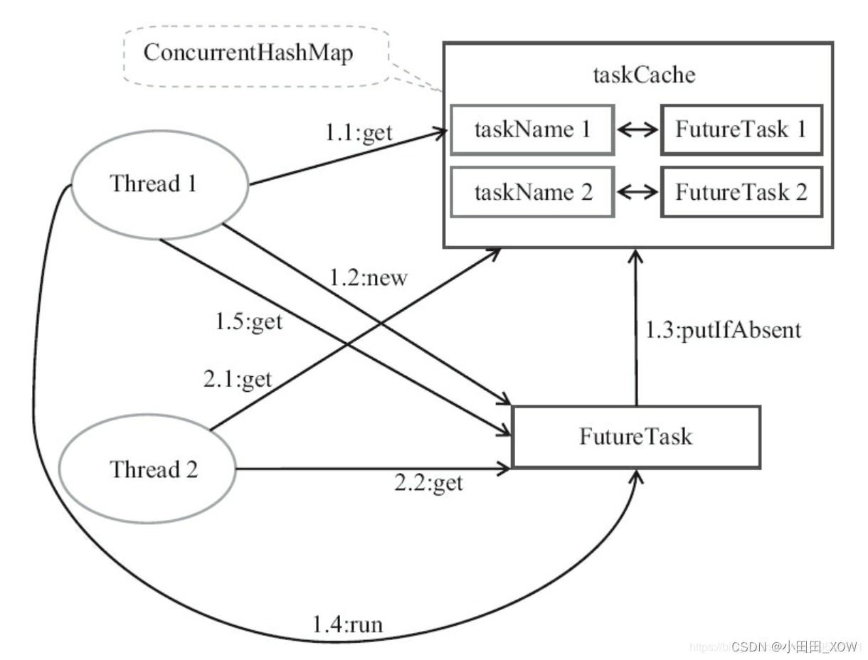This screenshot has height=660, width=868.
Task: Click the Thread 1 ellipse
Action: [x=154, y=184]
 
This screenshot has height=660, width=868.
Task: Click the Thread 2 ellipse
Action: [x=154, y=470]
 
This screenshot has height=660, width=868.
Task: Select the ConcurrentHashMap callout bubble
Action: [x=248, y=53]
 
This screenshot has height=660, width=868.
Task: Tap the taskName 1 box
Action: [x=532, y=130]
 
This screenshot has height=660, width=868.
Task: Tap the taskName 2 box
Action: [x=532, y=192]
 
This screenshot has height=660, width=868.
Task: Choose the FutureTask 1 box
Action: [x=741, y=130]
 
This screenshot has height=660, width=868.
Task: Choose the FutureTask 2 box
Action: [x=741, y=192]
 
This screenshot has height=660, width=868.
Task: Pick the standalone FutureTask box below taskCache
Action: [x=635, y=437]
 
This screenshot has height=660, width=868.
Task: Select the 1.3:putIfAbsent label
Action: [x=724, y=331]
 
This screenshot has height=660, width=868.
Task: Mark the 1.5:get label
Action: [x=249, y=321]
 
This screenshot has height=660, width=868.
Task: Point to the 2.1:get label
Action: [x=238, y=379]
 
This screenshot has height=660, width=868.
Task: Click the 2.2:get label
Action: [x=428, y=484]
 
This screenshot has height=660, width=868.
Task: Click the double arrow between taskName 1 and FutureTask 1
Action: [x=637, y=131]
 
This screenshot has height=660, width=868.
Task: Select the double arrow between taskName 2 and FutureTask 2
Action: [x=637, y=193]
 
